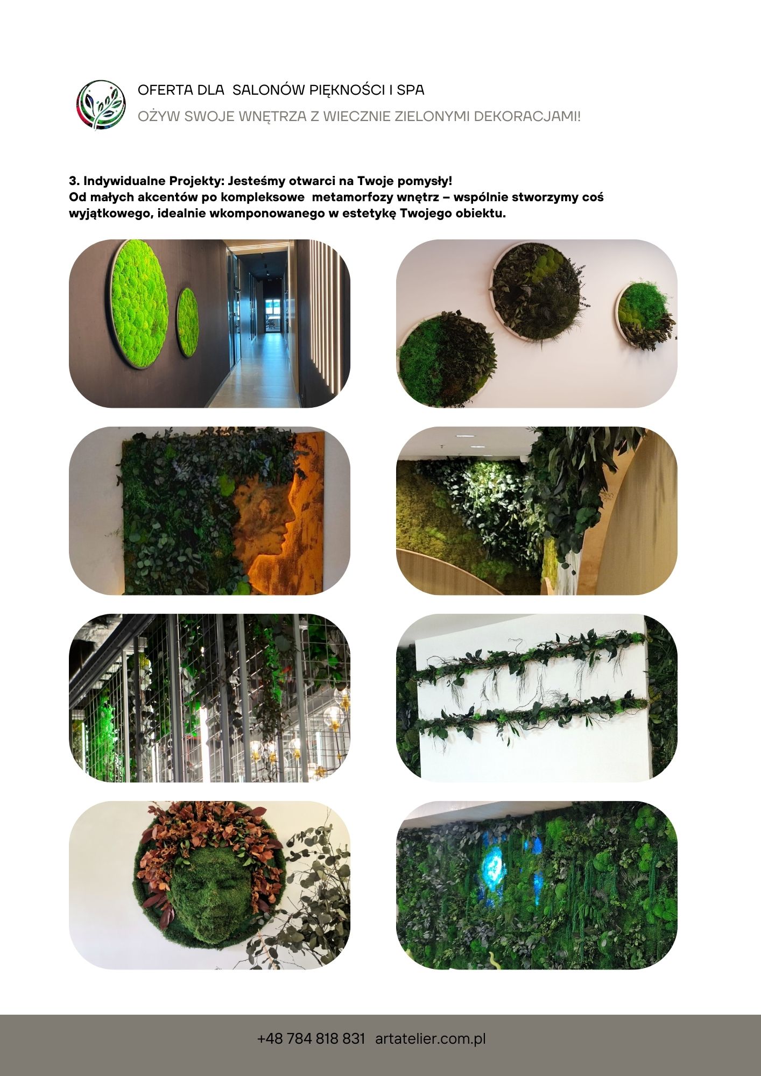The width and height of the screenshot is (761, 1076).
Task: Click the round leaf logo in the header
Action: click(x=101, y=105)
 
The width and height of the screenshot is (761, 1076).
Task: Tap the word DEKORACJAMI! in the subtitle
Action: click(x=527, y=116)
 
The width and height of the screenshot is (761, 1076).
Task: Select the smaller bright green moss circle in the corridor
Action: click(x=188, y=322)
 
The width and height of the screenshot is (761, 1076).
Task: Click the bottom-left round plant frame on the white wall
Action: click(x=447, y=358)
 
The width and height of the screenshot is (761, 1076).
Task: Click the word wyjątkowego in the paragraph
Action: click(x=111, y=214)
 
